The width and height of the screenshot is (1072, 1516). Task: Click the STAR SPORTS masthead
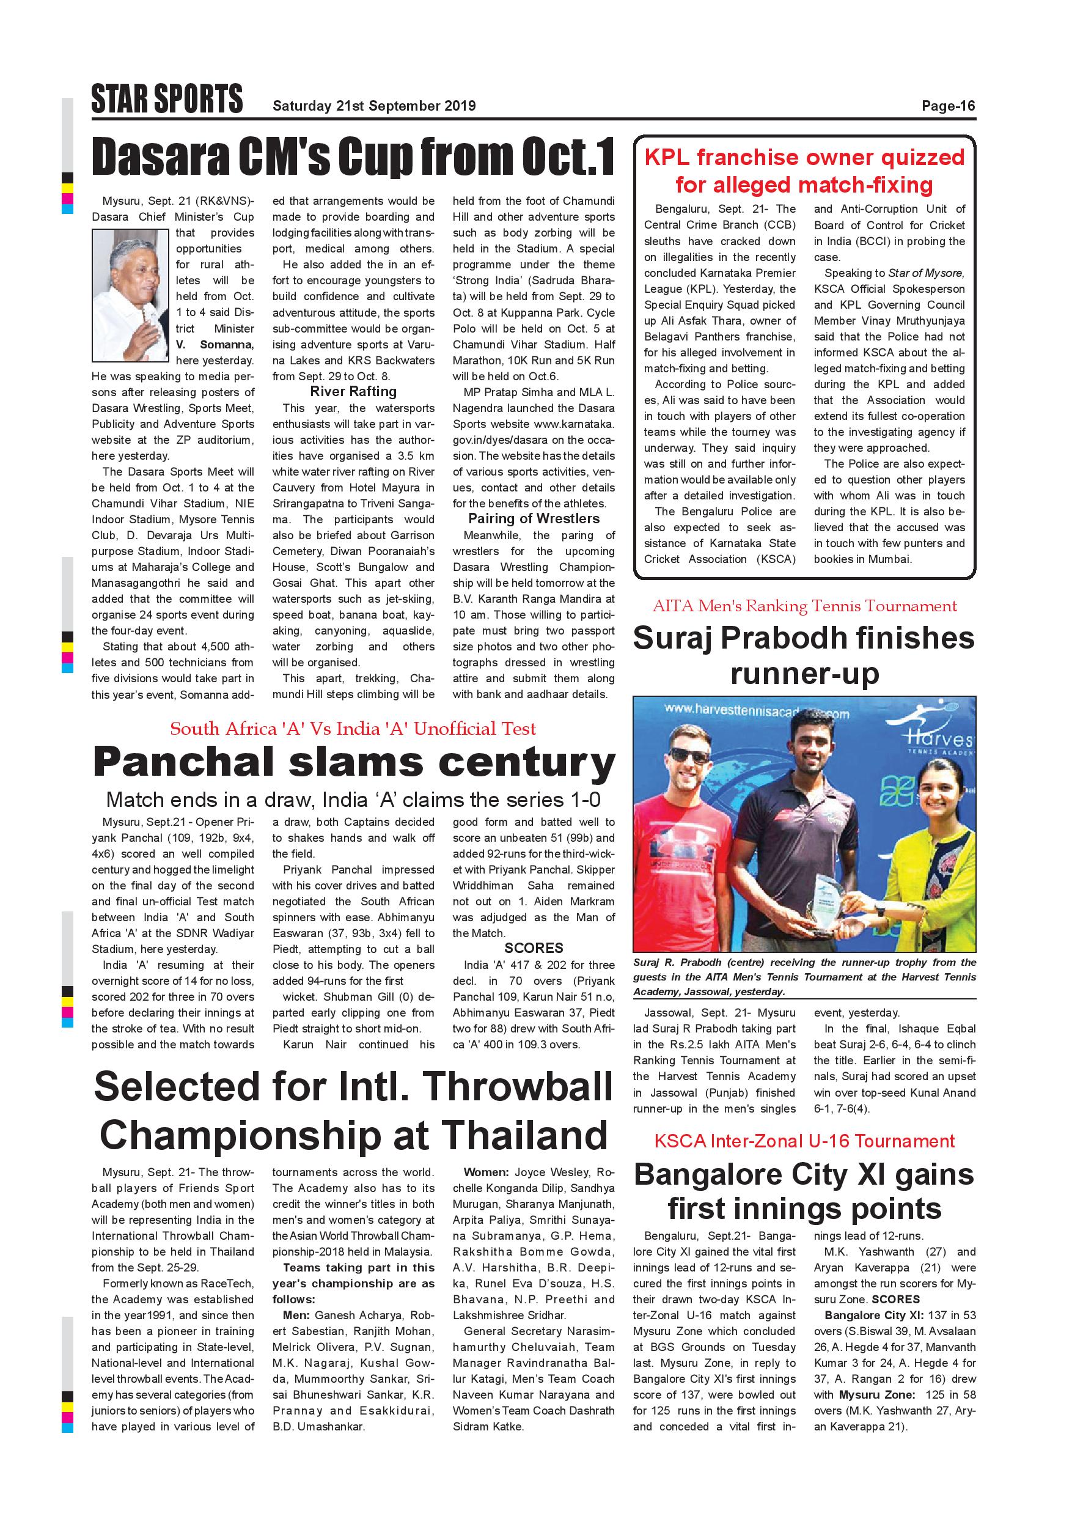coord(167,99)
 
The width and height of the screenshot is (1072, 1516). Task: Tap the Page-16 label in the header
coord(948,106)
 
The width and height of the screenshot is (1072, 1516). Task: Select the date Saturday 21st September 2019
coord(373,106)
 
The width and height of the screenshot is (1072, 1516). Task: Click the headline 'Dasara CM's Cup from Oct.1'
coord(353,157)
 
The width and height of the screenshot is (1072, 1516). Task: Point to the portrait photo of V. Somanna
coord(131,295)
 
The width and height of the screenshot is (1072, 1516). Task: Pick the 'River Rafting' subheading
coord(353,392)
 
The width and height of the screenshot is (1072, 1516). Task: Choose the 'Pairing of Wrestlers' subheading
coord(534,519)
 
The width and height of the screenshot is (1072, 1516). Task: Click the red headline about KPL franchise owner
coord(804,171)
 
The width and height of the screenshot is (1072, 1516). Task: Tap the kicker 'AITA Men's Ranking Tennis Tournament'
coord(804,606)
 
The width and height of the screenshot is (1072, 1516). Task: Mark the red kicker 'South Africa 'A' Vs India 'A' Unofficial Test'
coord(353,729)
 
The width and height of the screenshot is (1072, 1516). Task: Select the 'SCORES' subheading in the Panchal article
coord(534,948)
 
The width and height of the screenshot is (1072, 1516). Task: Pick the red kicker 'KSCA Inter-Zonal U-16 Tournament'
coord(804,1141)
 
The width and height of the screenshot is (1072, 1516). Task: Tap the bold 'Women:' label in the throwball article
coord(486,1172)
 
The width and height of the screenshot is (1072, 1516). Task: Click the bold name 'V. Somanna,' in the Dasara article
coord(215,345)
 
